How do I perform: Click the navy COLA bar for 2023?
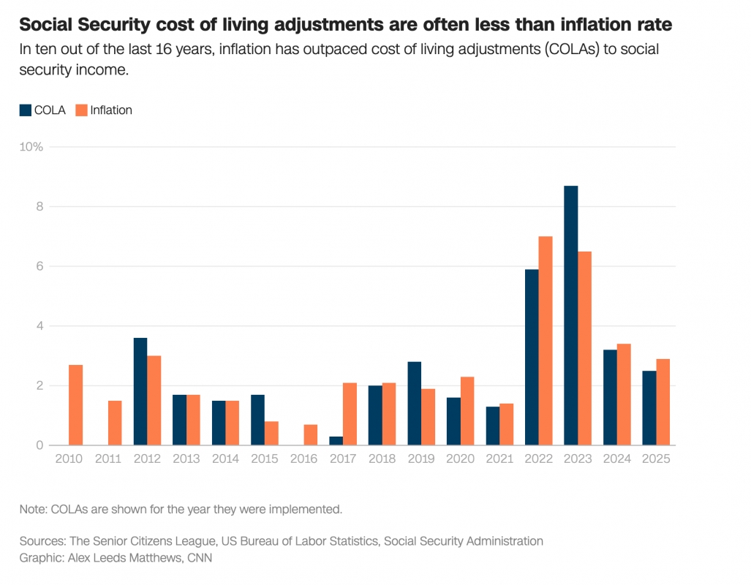(571, 315)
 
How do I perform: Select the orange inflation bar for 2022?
(546, 341)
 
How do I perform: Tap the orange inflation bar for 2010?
(75, 405)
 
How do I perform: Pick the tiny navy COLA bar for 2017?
(336, 441)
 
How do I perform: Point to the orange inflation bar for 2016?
(311, 434)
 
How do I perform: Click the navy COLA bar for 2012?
(140, 391)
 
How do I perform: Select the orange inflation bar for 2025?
(663, 402)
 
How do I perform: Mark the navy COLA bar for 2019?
(415, 404)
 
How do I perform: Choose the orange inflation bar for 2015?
(271, 433)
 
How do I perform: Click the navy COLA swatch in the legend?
(26, 110)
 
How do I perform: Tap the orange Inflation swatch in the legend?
(81, 110)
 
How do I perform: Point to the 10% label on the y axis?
(31, 147)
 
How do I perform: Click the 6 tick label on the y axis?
(39, 266)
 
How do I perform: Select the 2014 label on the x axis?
(225, 459)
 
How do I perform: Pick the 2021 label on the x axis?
(499, 459)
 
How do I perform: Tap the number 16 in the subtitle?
(163, 49)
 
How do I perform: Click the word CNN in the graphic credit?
(200, 558)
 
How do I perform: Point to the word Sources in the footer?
(42, 541)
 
